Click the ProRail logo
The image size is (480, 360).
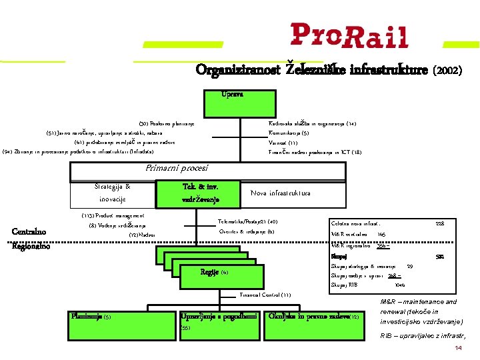349,35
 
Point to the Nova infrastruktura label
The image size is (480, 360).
280,193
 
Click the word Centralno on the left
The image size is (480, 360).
29,231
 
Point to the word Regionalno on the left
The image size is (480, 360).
31,245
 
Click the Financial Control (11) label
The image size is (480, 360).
265,295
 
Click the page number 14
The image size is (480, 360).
458,349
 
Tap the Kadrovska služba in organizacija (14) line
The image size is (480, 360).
312,123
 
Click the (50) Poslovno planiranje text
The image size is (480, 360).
166,123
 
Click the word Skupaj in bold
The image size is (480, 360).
339,256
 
